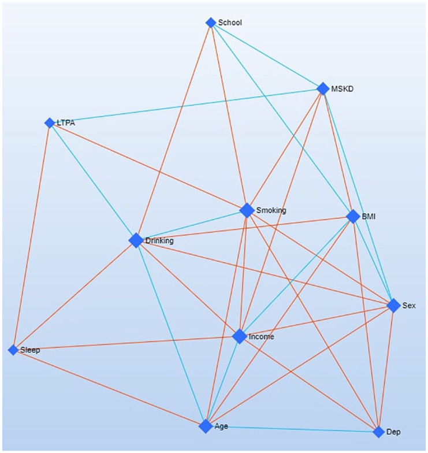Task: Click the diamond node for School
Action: pyautogui.click(x=211, y=23)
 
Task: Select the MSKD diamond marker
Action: pyautogui.click(x=323, y=88)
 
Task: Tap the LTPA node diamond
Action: pyautogui.click(x=50, y=122)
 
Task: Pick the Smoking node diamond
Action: pyautogui.click(x=247, y=210)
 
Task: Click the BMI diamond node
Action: pyautogui.click(x=353, y=217)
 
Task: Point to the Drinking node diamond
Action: pyautogui.click(x=136, y=240)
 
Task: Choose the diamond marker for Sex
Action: pyautogui.click(x=393, y=305)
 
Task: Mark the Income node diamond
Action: pyautogui.click(x=240, y=336)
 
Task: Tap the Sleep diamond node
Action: pyautogui.click(x=13, y=350)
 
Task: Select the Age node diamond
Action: pyautogui.click(x=206, y=426)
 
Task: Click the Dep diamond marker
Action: pyautogui.click(x=378, y=432)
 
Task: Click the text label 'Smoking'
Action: pyautogui.click(x=271, y=210)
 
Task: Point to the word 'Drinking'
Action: pyautogui.click(x=159, y=241)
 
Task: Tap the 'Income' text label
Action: pyautogui.click(x=261, y=337)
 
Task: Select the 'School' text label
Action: pyautogui.click(x=230, y=23)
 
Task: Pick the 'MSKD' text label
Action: pyautogui.click(x=343, y=89)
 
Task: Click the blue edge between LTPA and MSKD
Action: pyautogui.click(x=186, y=106)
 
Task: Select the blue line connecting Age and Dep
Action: pyautogui.click(x=292, y=429)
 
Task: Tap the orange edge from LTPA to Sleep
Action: pyautogui.click(x=31, y=236)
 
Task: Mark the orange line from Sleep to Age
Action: pyautogui.click(x=109, y=388)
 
